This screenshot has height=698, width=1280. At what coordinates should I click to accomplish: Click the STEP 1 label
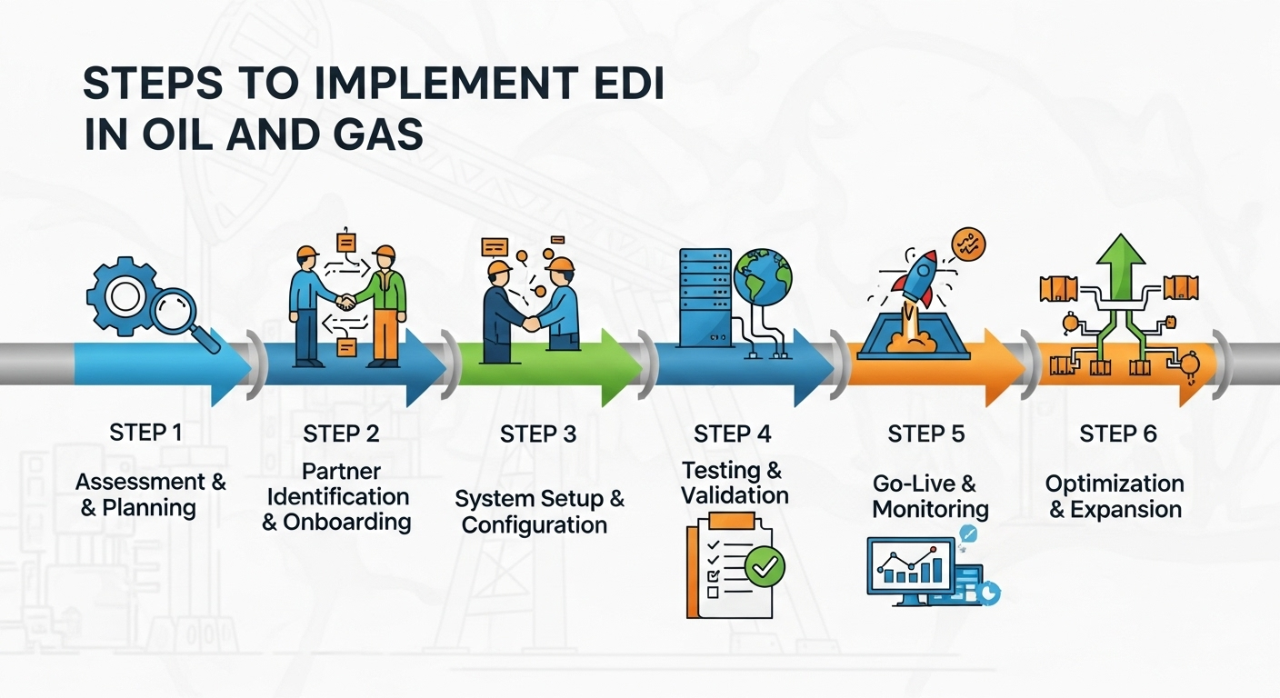(x=145, y=433)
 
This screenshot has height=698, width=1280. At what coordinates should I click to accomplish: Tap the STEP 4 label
(x=732, y=434)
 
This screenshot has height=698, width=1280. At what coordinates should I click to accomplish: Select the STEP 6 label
(x=1118, y=434)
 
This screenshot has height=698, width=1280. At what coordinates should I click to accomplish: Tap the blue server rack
(x=705, y=294)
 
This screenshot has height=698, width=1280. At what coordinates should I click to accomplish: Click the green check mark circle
(x=764, y=566)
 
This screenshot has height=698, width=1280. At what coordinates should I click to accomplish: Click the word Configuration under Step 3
(x=534, y=526)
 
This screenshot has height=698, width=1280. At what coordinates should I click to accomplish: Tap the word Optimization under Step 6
(x=1115, y=484)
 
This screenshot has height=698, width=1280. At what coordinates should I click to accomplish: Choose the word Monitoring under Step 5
(x=929, y=509)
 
